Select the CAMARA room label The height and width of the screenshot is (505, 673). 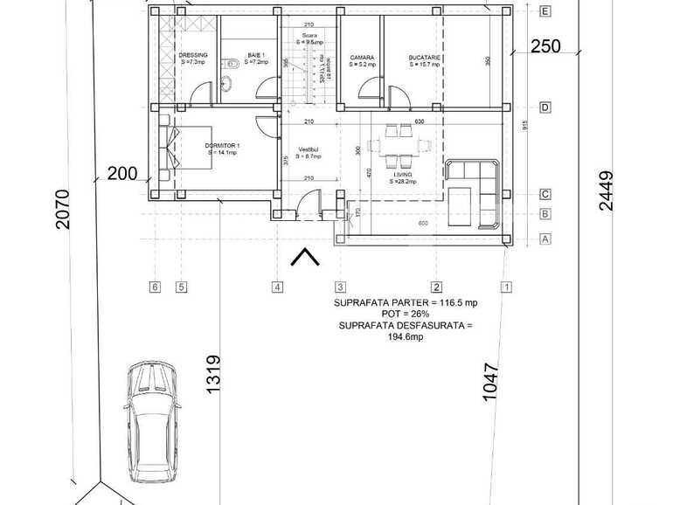(x=362, y=59)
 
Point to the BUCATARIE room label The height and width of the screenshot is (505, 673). (x=425, y=59)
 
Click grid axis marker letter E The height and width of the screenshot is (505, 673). (x=545, y=11)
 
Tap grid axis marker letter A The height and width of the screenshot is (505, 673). (x=545, y=238)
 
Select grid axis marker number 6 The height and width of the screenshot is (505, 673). (x=155, y=287)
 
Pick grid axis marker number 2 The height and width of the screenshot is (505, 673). (x=436, y=287)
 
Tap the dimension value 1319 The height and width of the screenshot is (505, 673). (x=213, y=375)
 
